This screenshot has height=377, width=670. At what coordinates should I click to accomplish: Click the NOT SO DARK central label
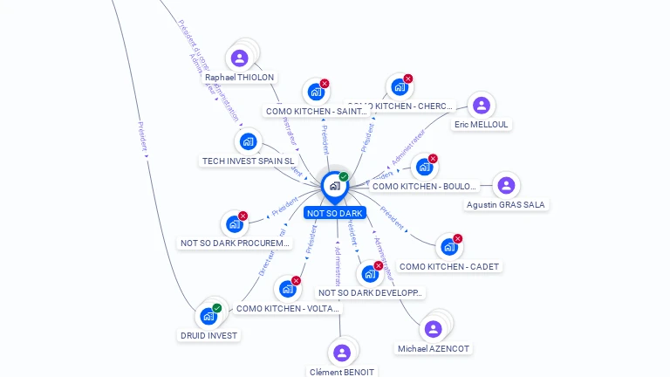(334, 213)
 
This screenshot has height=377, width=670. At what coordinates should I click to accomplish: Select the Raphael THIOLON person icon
(240, 58)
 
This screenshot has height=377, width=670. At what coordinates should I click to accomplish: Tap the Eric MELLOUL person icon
(481, 106)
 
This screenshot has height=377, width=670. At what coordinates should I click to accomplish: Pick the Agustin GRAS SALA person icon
(506, 185)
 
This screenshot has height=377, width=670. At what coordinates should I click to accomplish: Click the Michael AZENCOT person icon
(433, 329)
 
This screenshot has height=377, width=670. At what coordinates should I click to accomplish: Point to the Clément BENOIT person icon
(341, 353)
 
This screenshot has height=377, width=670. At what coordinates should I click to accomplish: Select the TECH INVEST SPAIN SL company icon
(248, 141)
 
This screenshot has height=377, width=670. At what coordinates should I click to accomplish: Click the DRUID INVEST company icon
(209, 316)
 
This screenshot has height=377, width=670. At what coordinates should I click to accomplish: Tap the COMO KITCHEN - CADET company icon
(448, 247)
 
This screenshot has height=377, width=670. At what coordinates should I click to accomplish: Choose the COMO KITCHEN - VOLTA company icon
(287, 289)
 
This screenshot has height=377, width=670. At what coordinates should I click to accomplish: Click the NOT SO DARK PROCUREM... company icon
(234, 224)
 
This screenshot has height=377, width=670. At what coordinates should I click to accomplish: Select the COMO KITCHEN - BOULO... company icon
(424, 167)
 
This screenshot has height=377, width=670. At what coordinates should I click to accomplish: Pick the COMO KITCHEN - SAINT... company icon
(316, 92)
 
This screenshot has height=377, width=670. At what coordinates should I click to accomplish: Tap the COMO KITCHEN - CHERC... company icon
(399, 87)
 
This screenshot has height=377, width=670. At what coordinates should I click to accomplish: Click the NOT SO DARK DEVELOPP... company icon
(370, 274)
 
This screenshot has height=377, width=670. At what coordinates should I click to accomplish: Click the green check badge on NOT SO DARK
(344, 176)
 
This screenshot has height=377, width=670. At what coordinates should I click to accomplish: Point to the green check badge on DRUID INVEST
(217, 307)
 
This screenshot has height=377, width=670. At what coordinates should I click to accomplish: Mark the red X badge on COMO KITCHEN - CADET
(457, 238)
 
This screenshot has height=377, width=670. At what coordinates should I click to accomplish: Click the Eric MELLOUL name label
(481, 125)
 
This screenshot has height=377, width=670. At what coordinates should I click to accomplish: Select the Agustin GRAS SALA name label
(506, 205)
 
